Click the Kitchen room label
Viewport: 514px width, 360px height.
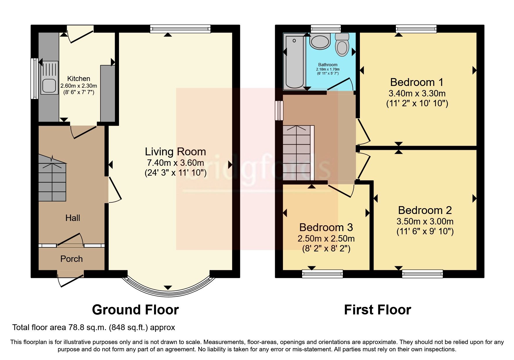coord(79,79)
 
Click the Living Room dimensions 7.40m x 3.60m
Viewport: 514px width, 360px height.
coord(175,163)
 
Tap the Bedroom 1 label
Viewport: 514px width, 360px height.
coord(417,82)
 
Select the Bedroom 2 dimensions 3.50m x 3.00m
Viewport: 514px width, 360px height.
coord(425,222)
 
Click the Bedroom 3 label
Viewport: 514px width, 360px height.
coord(326,227)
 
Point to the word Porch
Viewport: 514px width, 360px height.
coord(71,259)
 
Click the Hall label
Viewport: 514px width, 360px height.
coord(73,218)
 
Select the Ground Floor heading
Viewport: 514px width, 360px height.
coord(135,310)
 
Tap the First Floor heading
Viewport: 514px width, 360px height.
coord(377,310)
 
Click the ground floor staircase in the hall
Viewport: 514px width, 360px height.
coord(52,181)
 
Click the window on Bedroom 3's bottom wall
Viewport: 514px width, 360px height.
coord(322,273)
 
